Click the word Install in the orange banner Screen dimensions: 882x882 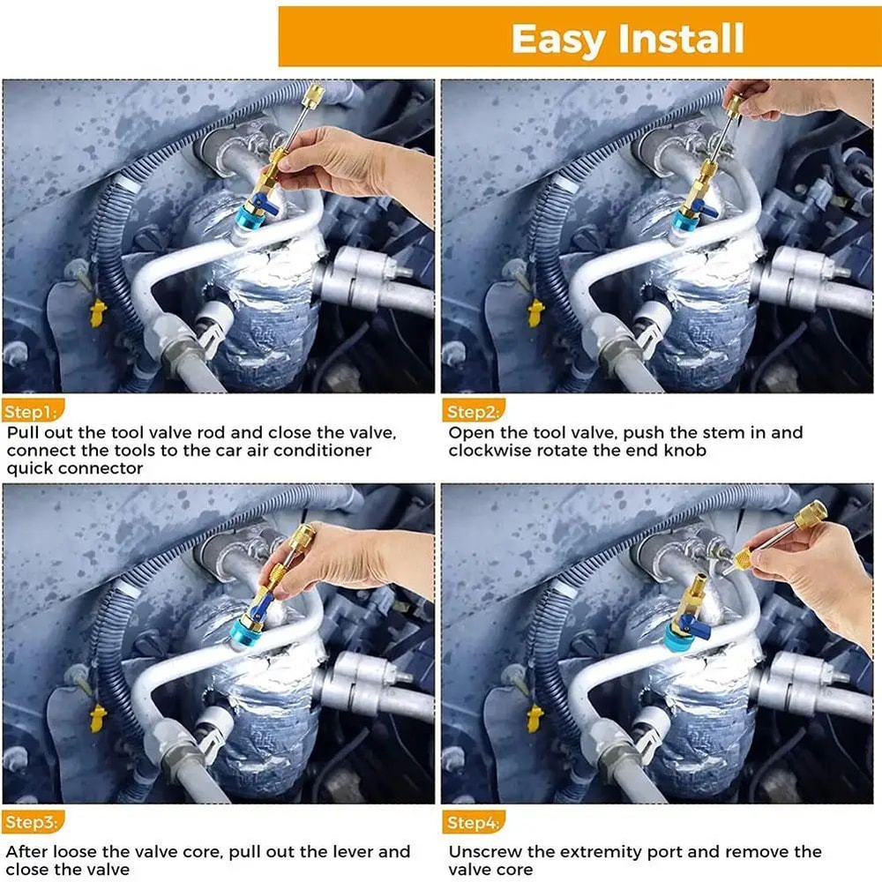683,40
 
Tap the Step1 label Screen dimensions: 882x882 31,411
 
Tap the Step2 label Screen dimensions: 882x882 473,411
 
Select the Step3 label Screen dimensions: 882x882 31,823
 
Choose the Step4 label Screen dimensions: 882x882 473,823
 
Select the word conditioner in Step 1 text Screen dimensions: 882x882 325,450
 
